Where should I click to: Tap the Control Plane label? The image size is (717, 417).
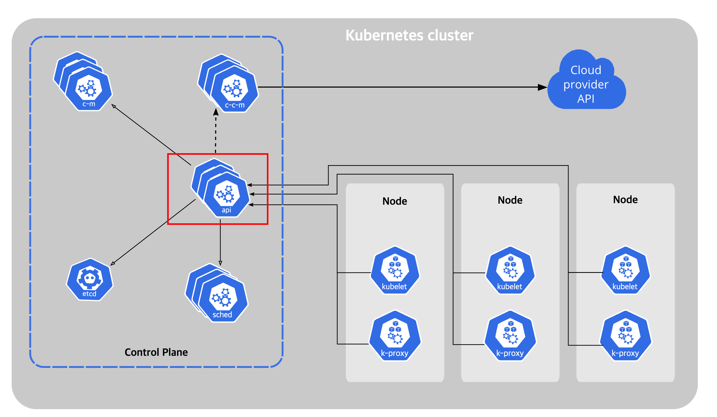156,352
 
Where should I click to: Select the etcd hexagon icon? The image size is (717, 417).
90,280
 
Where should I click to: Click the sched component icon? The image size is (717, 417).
217,293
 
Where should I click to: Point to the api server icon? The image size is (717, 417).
220,188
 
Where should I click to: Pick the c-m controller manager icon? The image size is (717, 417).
83,81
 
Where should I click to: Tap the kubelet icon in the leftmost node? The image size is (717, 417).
395,270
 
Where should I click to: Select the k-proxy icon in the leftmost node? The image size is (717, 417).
395,335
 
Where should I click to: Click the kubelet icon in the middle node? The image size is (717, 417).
510,270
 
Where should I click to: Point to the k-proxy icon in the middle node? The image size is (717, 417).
510,335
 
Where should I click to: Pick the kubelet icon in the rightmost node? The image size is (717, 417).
625,270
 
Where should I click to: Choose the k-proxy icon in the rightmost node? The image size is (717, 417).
625,335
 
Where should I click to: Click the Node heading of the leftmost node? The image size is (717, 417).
395,201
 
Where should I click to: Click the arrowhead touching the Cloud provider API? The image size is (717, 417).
542,87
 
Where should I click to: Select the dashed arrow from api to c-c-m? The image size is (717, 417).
216,131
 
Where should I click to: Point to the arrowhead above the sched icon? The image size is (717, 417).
220,263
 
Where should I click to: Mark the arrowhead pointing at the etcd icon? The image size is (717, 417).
113,264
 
